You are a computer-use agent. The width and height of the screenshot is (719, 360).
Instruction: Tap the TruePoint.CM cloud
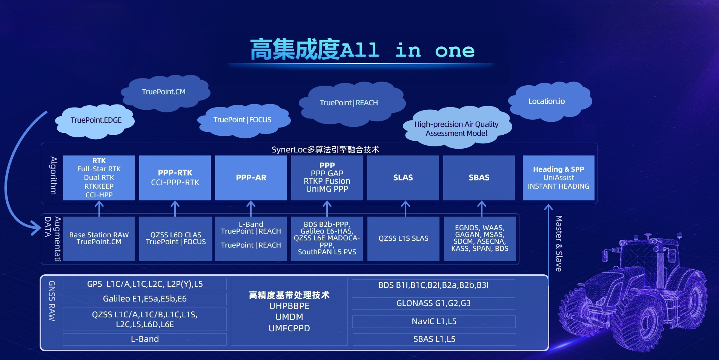pos(165,92)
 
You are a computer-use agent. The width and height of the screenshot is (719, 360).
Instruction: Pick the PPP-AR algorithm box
pos(251,178)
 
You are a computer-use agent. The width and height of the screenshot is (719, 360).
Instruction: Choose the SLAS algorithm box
pos(403,178)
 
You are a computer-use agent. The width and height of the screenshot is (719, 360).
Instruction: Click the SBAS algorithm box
pos(479,178)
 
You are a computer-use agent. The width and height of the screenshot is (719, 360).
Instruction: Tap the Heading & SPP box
pos(558,178)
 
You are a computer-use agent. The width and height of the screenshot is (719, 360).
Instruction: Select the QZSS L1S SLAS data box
pos(403,238)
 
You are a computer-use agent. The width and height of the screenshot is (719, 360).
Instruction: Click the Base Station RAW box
pos(99,238)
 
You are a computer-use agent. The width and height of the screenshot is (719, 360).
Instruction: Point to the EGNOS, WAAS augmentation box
pos(479,238)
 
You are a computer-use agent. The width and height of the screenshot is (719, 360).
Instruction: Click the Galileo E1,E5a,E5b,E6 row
pos(145,299)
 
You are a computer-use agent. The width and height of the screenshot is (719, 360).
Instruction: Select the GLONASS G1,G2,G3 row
pos(433,303)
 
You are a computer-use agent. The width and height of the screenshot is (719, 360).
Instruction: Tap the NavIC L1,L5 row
pos(434,322)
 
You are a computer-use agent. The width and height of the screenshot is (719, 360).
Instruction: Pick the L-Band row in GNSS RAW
pos(145,339)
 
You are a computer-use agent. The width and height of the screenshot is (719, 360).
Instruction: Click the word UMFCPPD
pos(289,328)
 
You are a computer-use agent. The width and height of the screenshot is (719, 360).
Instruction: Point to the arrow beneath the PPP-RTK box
pos(175,209)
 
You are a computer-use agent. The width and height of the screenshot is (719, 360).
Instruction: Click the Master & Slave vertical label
pos(559,243)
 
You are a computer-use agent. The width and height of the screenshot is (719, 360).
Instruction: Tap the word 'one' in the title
pos(455,51)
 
